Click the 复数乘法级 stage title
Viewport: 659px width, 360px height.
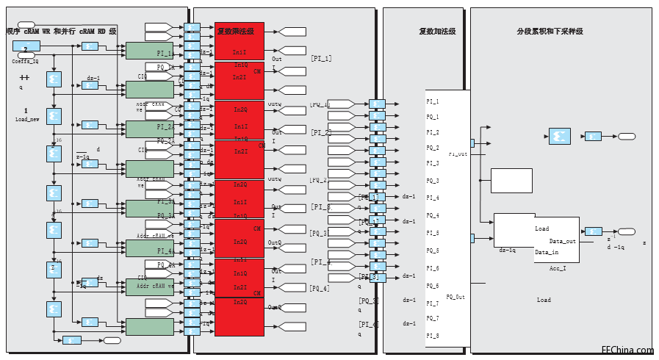(x=235, y=32)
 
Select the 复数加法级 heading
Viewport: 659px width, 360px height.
(x=437, y=32)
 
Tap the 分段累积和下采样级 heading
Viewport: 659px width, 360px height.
(x=550, y=32)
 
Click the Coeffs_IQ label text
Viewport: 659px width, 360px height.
(x=25, y=62)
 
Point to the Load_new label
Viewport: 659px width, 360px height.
(x=27, y=119)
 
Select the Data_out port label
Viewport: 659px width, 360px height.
(x=563, y=241)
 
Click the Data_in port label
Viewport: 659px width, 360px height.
(x=547, y=253)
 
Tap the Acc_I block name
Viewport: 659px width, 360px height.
(x=558, y=268)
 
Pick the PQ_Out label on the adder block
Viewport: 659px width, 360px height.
(x=455, y=297)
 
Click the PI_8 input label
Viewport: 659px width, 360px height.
(x=433, y=336)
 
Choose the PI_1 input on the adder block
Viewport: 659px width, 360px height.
(x=433, y=101)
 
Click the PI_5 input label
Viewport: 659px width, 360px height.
(x=433, y=233)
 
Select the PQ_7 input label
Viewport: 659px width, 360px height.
(x=433, y=318)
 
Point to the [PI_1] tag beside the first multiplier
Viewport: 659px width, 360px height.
(x=321, y=58)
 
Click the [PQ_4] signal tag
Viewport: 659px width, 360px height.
(x=320, y=289)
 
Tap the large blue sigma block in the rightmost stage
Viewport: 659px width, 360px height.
(x=559, y=136)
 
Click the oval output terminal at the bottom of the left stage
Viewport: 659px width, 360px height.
(x=112, y=340)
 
